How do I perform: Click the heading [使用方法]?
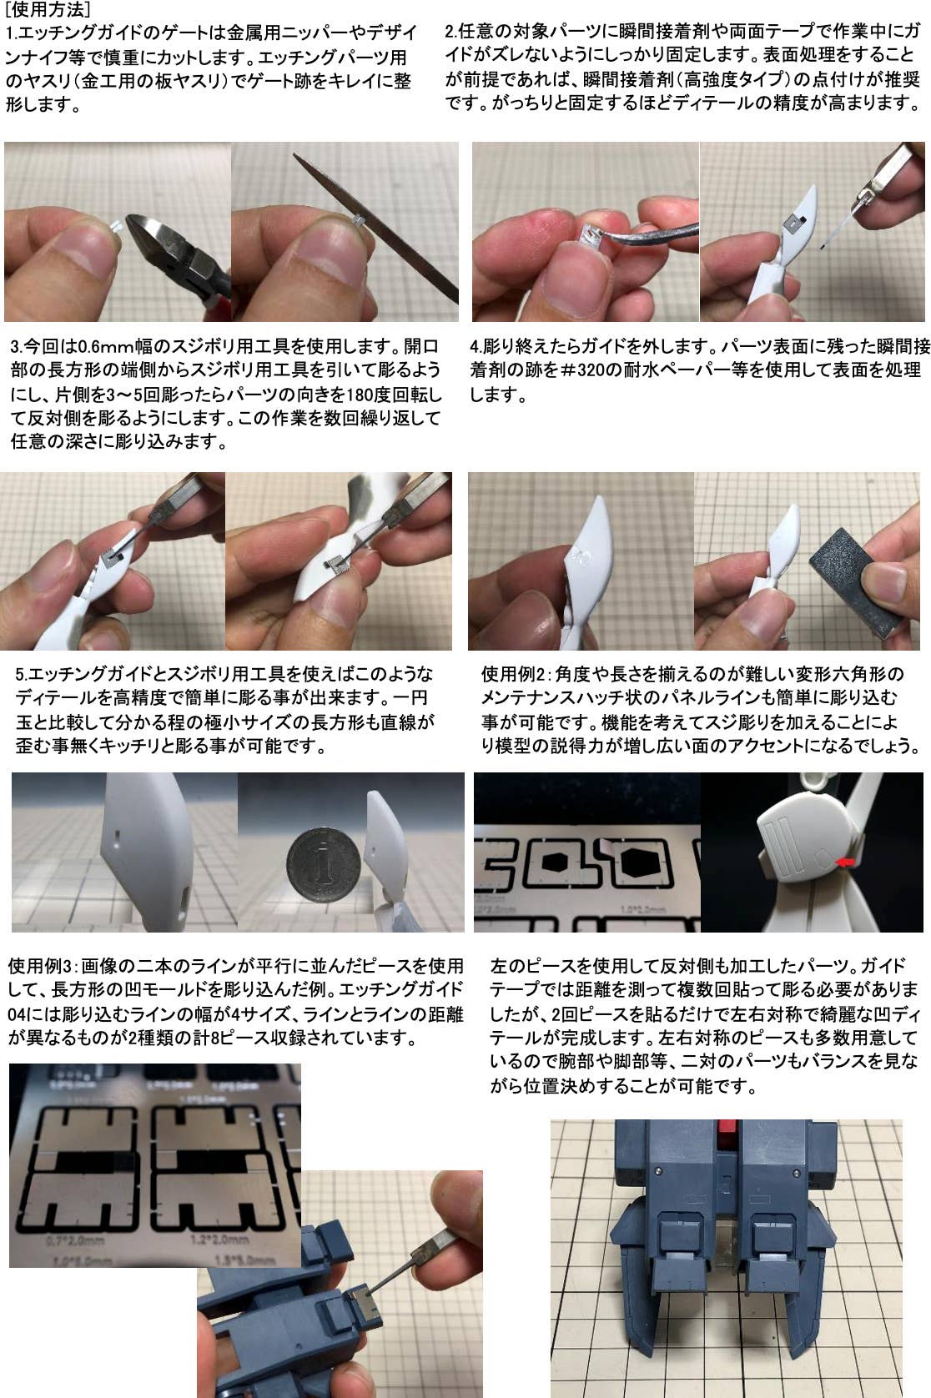[48, 9]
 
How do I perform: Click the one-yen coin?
[323, 864]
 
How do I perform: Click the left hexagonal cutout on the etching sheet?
[553, 862]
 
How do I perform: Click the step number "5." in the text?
[21, 674]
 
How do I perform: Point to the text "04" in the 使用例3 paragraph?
[17, 1014]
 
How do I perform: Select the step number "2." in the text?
[451, 31]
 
